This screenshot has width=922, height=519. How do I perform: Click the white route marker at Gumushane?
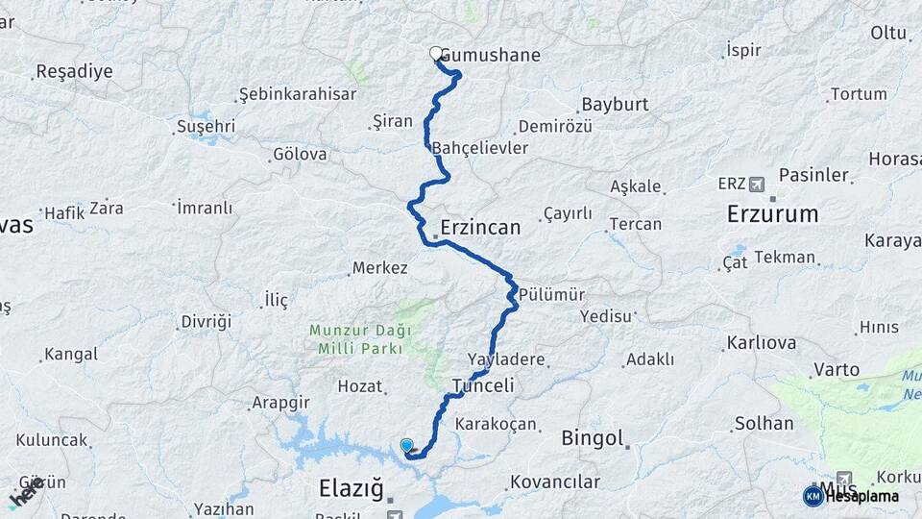coord(436,55)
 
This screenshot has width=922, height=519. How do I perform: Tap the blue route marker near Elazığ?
coord(407,445)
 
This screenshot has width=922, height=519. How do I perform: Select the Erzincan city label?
coord(479,228)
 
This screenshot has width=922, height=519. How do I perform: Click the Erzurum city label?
coord(772,213)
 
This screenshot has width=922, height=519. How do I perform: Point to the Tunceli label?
coord(483,385)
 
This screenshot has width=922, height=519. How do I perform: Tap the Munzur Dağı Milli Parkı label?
coord(360,339)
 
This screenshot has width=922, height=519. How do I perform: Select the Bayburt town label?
coord(615,104)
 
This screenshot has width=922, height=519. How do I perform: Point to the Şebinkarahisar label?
coord(297,94)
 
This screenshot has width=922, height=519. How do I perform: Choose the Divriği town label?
coord(206,321)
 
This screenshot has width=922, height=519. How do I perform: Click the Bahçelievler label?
coord(480,148)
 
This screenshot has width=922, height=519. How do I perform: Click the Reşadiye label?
coord(74,71)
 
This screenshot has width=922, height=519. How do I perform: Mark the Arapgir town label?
coord(282,402)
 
